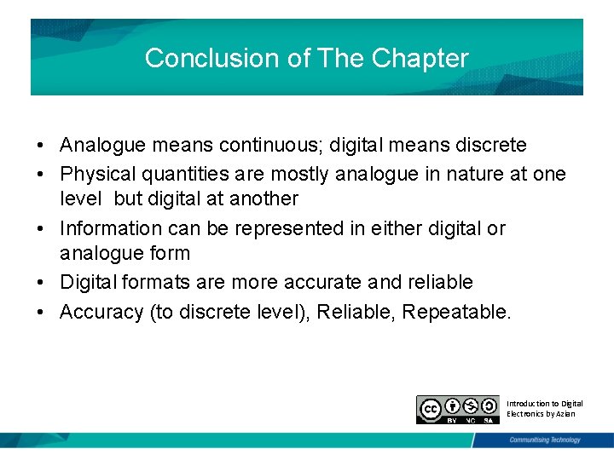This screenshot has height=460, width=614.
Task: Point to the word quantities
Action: tap(185, 174)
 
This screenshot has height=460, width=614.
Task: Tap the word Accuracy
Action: tap(101, 312)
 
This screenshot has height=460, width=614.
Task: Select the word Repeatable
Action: tap(457, 312)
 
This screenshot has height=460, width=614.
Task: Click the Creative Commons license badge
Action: tap(457, 410)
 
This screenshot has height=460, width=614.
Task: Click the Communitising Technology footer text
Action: tap(544, 440)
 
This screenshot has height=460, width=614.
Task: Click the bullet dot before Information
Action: tap(40, 228)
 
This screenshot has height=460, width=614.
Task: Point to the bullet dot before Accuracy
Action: tap(40, 312)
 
